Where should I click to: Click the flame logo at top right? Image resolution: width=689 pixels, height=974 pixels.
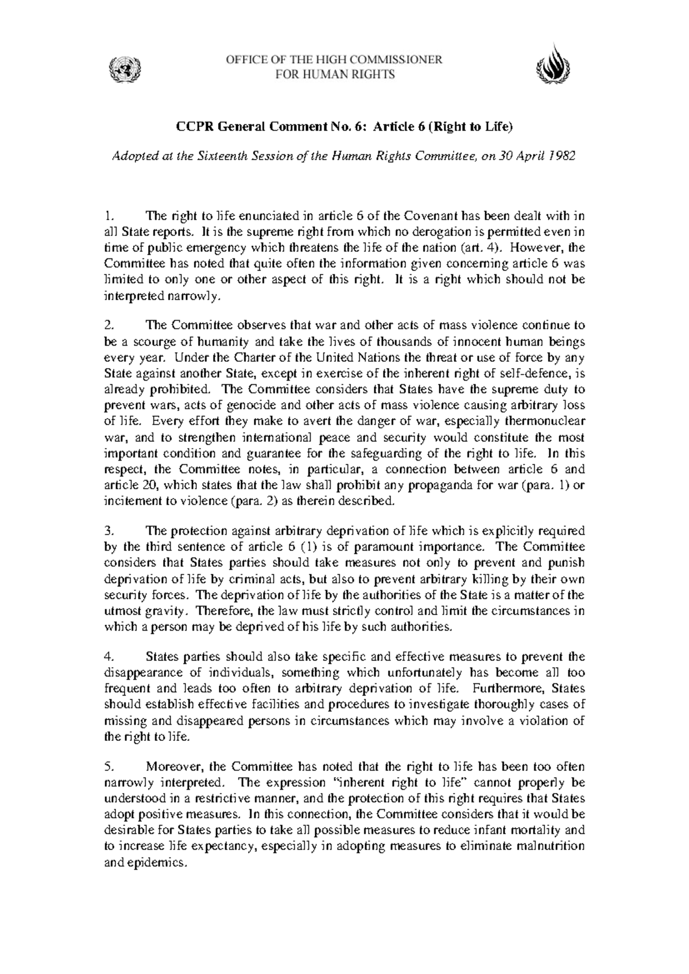tap(553, 66)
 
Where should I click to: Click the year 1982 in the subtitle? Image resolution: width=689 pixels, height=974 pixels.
tap(563, 157)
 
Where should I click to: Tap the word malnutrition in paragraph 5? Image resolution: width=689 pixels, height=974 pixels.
tap(550, 846)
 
